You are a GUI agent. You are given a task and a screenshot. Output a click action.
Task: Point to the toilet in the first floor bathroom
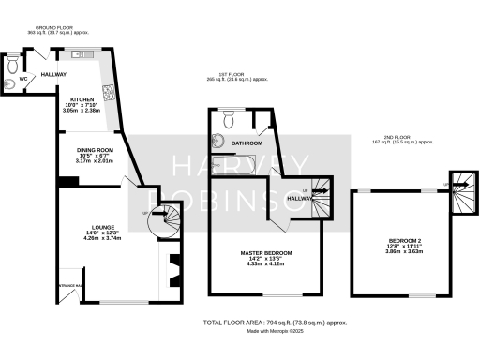[x=229, y=119]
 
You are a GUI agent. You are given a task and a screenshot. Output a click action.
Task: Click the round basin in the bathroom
[x=217, y=142]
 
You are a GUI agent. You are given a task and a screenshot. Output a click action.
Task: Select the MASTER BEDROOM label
[x=265, y=253]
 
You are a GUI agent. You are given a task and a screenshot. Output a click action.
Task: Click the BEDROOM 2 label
[x=405, y=242]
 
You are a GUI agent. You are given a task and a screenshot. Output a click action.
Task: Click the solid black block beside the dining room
[x=61, y=181]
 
